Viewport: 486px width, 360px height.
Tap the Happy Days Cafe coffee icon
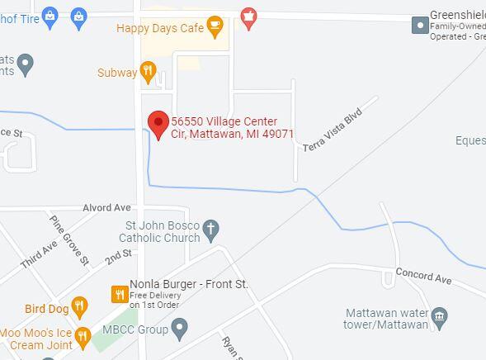[215, 27]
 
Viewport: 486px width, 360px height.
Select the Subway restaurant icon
[149, 72]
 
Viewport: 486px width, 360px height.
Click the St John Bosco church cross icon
[212, 230]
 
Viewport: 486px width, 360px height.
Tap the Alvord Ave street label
[106, 207]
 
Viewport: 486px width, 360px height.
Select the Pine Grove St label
[69, 240]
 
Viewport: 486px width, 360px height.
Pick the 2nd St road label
[118, 258]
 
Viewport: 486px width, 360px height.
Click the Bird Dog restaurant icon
[79, 307]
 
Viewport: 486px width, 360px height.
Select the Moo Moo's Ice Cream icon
[83, 336]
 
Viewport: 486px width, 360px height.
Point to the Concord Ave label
[423, 276]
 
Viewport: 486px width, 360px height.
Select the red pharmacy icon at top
[248, 16]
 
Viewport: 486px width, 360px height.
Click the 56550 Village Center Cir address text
[232, 128]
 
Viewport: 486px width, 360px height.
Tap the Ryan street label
[230, 347]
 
